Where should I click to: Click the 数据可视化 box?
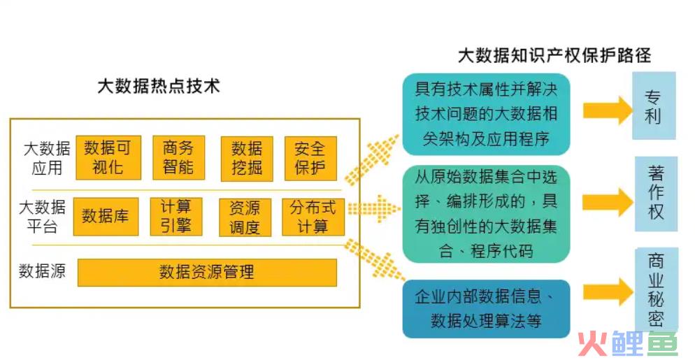point(108,157)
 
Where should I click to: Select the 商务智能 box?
point(178,157)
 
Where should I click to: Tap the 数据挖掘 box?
point(247,159)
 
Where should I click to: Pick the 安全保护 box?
point(310,158)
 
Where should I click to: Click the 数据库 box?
point(106,217)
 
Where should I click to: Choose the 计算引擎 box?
point(176,217)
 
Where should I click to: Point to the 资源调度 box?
point(245,217)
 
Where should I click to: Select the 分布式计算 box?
point(313,217)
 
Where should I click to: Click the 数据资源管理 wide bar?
point(207,272)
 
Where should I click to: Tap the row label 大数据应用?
point(47,158)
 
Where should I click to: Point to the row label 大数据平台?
point(42,217)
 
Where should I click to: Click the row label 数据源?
point(42,271)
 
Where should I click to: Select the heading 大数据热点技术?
point(159,86)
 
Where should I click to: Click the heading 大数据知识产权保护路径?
point(554,56)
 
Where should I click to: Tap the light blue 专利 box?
point(654,106)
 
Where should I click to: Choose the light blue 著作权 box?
point(656,194)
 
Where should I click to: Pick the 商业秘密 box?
point(657,290)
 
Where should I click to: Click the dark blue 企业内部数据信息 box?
point(486,308)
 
